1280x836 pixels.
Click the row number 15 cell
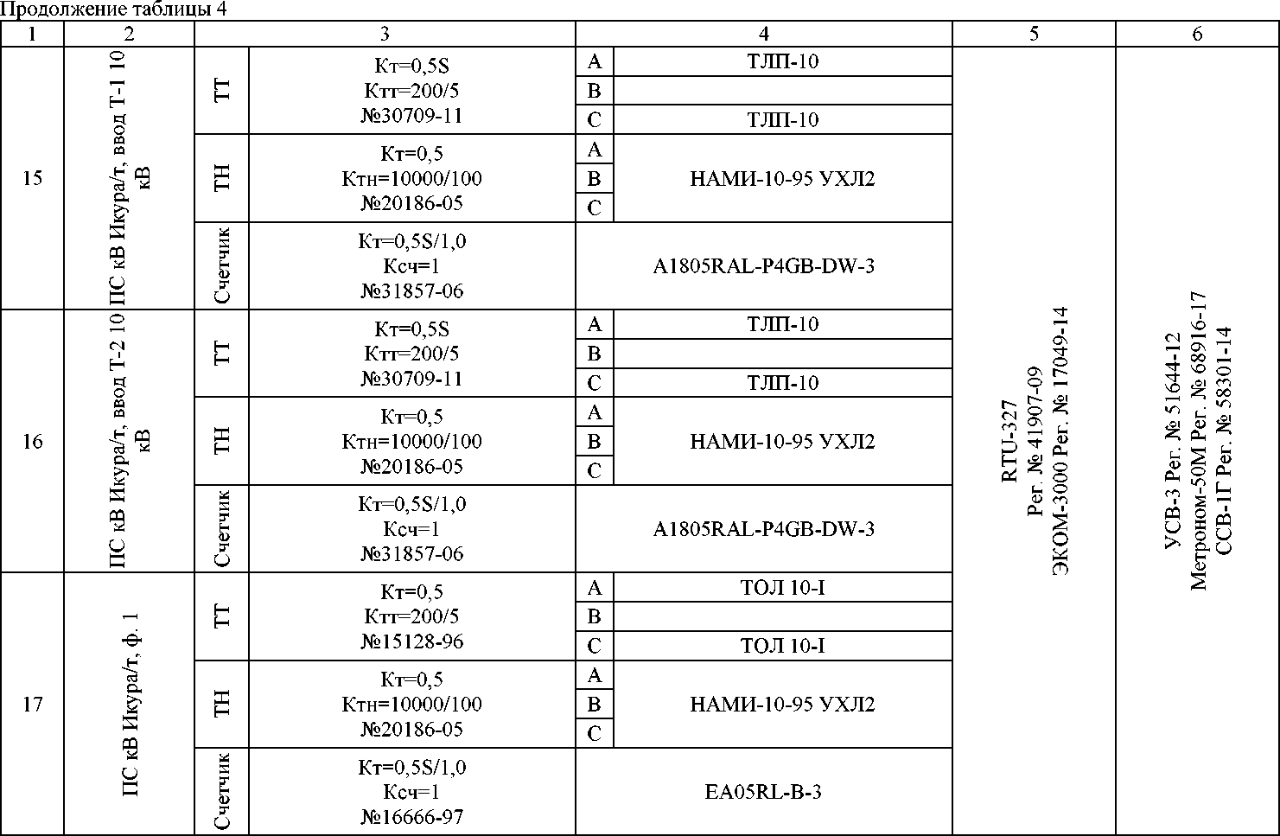point(32,179)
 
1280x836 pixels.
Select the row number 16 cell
point(32,442)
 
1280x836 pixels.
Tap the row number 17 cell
point(32,705)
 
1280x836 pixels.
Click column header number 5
point(1034,35)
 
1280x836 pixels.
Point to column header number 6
point(1197,35)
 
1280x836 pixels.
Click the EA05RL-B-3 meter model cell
point(763,792)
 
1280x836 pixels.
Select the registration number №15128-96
point(411,641)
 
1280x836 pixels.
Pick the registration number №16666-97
point(411,816)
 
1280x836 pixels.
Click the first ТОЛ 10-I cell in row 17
point(782,588)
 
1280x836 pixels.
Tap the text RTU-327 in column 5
point(1009,442)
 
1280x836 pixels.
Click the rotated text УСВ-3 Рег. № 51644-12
point(1173,442)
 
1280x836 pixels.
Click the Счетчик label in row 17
point(222,792)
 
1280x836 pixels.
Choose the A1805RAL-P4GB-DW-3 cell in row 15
point(763,266)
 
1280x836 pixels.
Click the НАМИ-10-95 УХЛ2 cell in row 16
point(782,442)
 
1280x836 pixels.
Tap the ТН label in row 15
point(222,179)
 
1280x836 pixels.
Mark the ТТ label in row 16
point(222,354)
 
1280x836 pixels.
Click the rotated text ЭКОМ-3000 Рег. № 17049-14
point(1060,442)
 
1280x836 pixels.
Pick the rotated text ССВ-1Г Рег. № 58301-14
point(1223,442)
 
